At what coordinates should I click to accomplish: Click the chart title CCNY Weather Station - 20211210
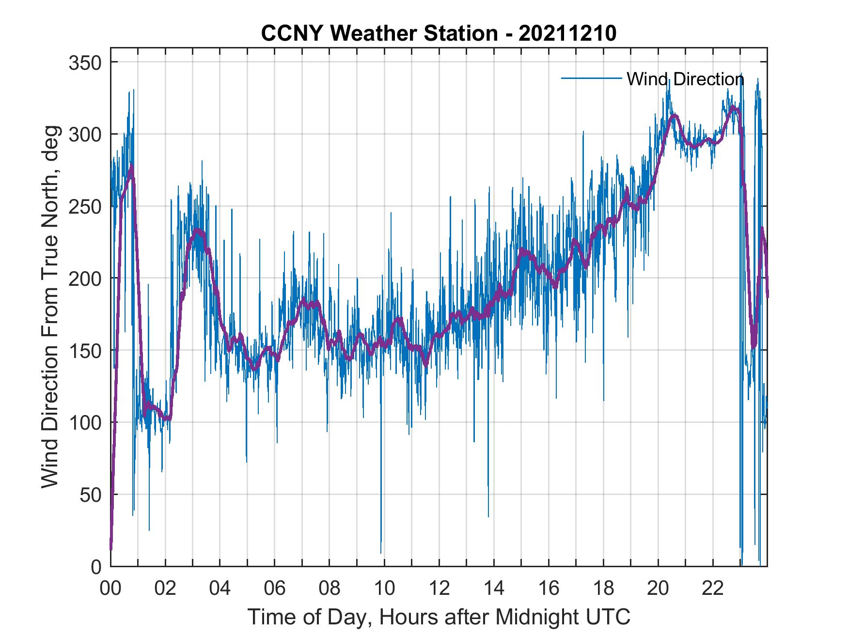[x=439, y=33]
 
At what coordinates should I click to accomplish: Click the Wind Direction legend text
[x=685, y=79]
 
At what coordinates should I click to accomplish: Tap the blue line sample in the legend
[x=591, y=78]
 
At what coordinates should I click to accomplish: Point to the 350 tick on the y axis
[x=87, y=62]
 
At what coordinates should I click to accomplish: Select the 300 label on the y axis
[x=87, y=135]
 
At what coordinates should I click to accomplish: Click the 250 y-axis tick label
[x=87, y=207]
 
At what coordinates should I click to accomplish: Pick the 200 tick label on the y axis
[x=87, y=279]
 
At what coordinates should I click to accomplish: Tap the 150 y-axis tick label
[x=87, y=351]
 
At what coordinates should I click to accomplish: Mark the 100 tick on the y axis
[x=87, y=423]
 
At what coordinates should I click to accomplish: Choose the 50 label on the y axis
[x=92, y=495]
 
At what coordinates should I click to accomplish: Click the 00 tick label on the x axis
[x=110, y=589]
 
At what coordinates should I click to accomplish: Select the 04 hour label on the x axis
[x=220, y=589]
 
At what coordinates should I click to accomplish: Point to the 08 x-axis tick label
[x=330, y=589]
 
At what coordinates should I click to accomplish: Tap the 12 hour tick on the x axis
[x=439, y=589]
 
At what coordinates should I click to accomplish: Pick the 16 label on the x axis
[x=549, y=589]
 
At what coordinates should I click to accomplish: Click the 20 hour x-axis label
[x=658, y=589]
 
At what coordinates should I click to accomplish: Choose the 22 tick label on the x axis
[x=713, y=589]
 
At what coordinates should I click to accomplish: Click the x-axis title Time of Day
[x=439, y=617]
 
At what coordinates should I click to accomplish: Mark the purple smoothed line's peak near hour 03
[x=198, y=231]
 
